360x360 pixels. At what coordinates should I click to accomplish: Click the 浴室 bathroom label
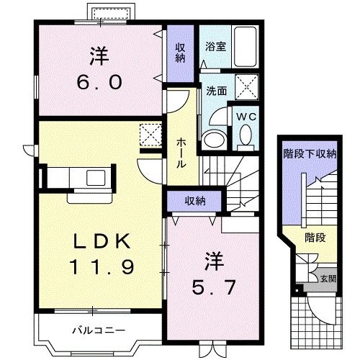click(x=215, y=46)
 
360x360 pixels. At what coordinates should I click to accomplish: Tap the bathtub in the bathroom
click(x=246, y=47)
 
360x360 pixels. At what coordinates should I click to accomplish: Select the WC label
click(x=246, y=117)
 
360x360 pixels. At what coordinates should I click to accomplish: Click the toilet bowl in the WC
click(x=246, y=135)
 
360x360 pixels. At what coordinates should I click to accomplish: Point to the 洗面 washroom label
click(x=217, y=91)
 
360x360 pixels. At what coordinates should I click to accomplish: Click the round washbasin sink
click(x=214, y=140)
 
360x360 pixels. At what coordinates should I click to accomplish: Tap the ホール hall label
click(x=181, y=153)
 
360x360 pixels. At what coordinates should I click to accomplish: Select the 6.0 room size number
click(x=99, y=82)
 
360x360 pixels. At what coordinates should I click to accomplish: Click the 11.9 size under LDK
click(x=102, y=267)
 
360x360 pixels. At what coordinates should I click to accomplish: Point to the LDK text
click(x=102, y=240)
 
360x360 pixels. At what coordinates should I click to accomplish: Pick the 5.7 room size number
click(x=213, y=287)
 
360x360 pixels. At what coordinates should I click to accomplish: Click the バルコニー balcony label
click(x=99, y=330)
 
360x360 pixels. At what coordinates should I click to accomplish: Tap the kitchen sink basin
click(x=96, y=178)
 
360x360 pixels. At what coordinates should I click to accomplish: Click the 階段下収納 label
click(x=310, y=153)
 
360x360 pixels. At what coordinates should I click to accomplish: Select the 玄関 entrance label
click(x=328, y=279)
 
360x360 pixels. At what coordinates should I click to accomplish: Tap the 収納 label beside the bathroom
click(x=180, y=53)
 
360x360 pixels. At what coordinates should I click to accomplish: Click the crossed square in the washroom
click(x=247, y=87)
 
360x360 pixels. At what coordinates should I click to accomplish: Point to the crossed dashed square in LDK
click(x=150, y=135)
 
